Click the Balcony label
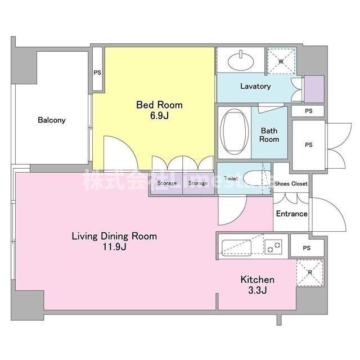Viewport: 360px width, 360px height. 52,120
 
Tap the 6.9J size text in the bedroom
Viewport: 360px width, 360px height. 159,115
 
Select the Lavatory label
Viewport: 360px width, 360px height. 255,86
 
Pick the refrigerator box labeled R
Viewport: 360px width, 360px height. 310,273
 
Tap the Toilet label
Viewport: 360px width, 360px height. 231,179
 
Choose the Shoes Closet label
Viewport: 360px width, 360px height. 291,184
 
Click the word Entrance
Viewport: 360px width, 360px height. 291,214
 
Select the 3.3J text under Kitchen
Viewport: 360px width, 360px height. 257,290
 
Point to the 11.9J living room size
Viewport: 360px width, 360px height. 114,247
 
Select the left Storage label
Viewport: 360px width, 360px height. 166,183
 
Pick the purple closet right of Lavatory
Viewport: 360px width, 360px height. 313,88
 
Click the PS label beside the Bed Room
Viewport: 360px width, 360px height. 97,73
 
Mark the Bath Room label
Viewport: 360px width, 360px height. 269,135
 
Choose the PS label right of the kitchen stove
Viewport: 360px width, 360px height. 307,248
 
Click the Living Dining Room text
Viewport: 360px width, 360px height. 114,236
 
